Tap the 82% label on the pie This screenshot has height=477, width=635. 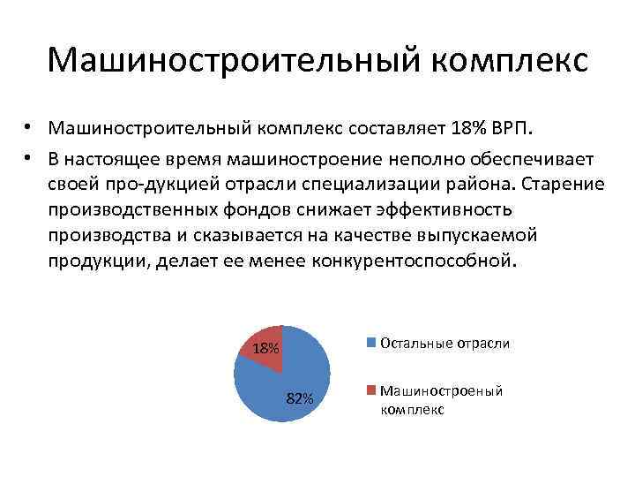click(301, 398)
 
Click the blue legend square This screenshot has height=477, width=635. click(372, 343)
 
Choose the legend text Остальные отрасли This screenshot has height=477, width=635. click(444, 343)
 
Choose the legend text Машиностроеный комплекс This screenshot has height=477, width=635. click(441, 400)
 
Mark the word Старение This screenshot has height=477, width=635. click(564, 184)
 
